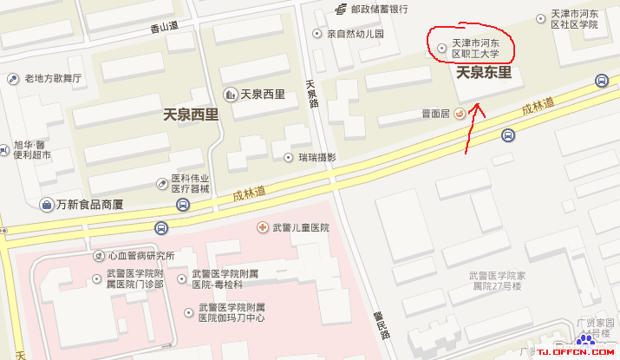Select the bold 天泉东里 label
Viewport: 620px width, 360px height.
[x=484, y=73]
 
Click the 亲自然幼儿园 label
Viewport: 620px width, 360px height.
[x=355, y=35]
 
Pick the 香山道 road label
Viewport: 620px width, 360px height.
[x=164, y=27]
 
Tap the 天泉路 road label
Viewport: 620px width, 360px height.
[x=313, y=92]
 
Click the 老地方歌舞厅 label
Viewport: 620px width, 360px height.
[x=53, y=78]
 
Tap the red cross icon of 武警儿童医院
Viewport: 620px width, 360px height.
[x=262, y=227]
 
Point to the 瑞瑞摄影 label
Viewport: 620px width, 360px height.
[x=317, y=157]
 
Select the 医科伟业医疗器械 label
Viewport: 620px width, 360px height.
[x=189, y=183]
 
